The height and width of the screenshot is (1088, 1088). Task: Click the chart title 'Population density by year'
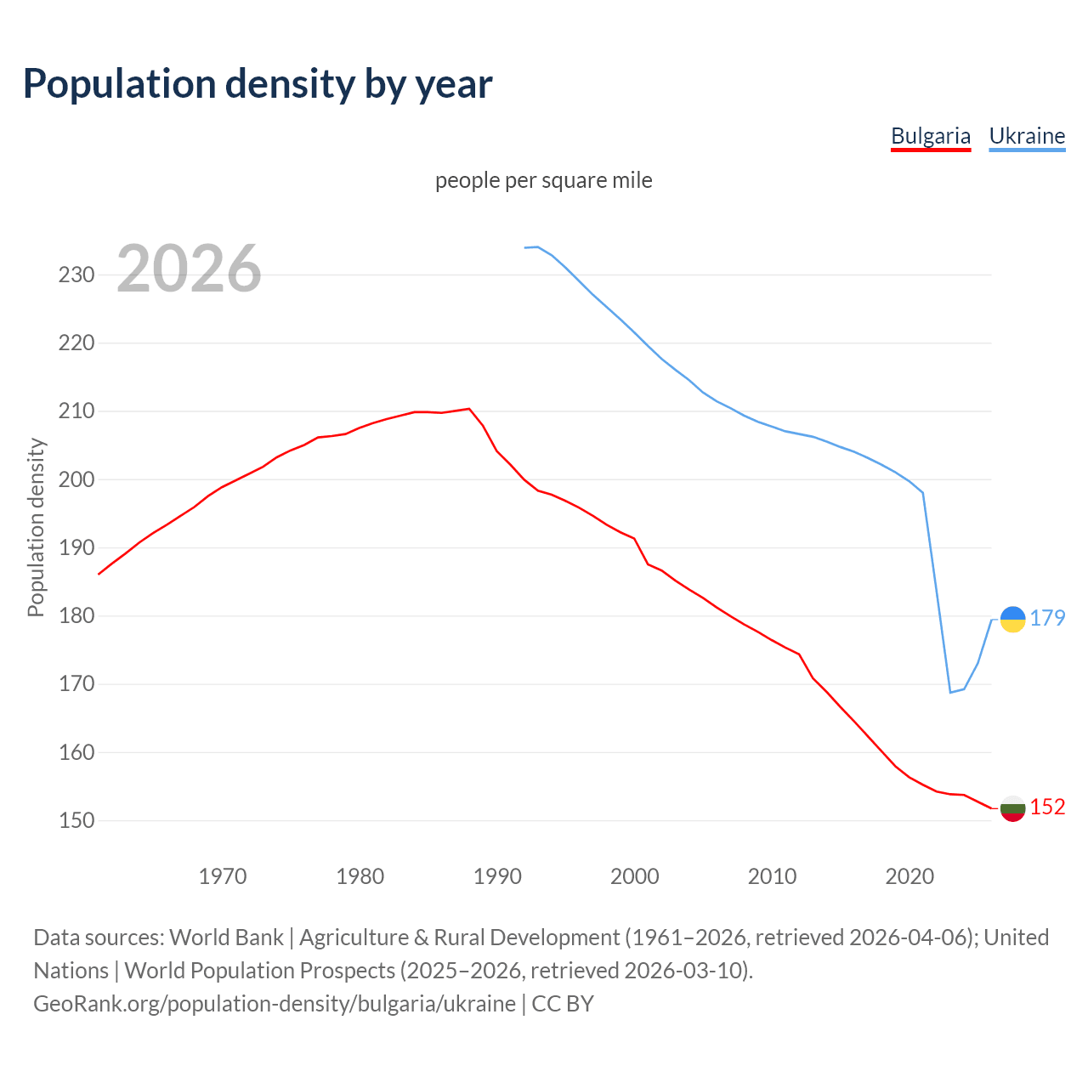coord(258,83)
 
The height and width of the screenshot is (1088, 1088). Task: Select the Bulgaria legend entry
coord(930,136)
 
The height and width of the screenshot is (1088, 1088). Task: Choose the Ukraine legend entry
coord(1027,136)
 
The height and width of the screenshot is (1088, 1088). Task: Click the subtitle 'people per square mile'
coord(543,180)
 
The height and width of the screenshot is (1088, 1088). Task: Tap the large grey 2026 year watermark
coord(189,269)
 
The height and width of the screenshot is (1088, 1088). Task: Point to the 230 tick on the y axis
coord(76,275)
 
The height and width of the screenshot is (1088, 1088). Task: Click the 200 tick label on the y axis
coord(76,479)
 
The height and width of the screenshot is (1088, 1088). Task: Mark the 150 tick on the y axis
coord(76,821)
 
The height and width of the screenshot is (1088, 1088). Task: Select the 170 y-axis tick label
coord(76,684)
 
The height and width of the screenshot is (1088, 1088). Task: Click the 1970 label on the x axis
coord(223,875)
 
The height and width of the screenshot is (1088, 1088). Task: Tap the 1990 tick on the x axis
coord(497,875)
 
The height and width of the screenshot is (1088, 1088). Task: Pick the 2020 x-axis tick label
coord(909,875)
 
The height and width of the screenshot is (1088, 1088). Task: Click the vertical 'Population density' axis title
coord(36,527)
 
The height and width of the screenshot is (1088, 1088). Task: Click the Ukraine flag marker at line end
coord(1012,620)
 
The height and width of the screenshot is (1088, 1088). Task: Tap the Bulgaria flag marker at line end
coord(1012,808)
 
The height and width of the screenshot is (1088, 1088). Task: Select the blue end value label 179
coord(1047,618)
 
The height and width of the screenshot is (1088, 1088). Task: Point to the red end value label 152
coord(1047,807)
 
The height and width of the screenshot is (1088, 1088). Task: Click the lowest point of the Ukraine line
coord(950,692)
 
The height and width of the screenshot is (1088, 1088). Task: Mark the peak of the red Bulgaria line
coord(468,409)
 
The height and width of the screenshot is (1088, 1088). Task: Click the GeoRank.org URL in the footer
coord(275,1004)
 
